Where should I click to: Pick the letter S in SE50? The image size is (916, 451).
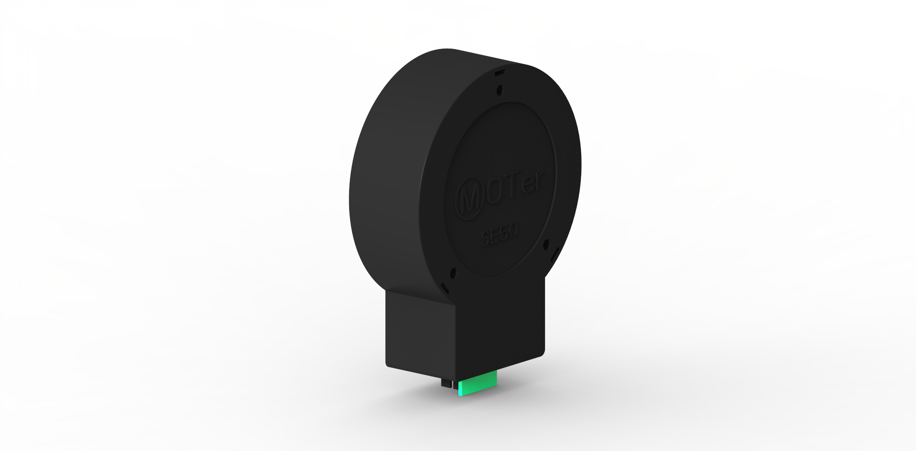point(485,239)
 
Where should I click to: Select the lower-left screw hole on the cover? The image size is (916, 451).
point(453,273)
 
